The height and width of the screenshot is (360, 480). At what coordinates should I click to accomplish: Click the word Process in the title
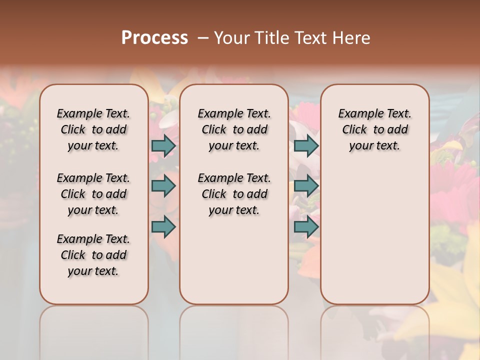pos(154,38)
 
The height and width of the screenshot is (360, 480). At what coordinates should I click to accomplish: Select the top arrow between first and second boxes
pos(163,145)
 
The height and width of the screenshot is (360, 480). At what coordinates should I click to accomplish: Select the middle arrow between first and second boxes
pos(163,186)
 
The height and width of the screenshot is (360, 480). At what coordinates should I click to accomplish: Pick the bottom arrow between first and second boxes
pos(163,226)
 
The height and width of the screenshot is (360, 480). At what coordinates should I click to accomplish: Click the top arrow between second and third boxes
pos(306,145)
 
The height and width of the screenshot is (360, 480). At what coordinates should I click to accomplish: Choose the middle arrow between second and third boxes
pos(306,186)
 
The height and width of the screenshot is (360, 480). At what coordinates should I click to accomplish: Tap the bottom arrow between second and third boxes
pos(306,226)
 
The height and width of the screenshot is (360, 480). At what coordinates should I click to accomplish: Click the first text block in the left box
pos(93,129)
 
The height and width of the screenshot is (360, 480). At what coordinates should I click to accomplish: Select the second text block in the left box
pos(93,194)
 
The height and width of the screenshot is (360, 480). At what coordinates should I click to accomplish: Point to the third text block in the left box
pos(93,255)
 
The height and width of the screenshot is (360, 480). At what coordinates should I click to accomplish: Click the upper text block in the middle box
pos(234,129)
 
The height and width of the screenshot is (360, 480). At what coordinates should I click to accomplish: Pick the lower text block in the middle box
pos(234,194)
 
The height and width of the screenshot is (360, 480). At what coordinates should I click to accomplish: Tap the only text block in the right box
pos(375,129)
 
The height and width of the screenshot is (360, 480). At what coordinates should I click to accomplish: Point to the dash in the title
pos(203,38)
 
